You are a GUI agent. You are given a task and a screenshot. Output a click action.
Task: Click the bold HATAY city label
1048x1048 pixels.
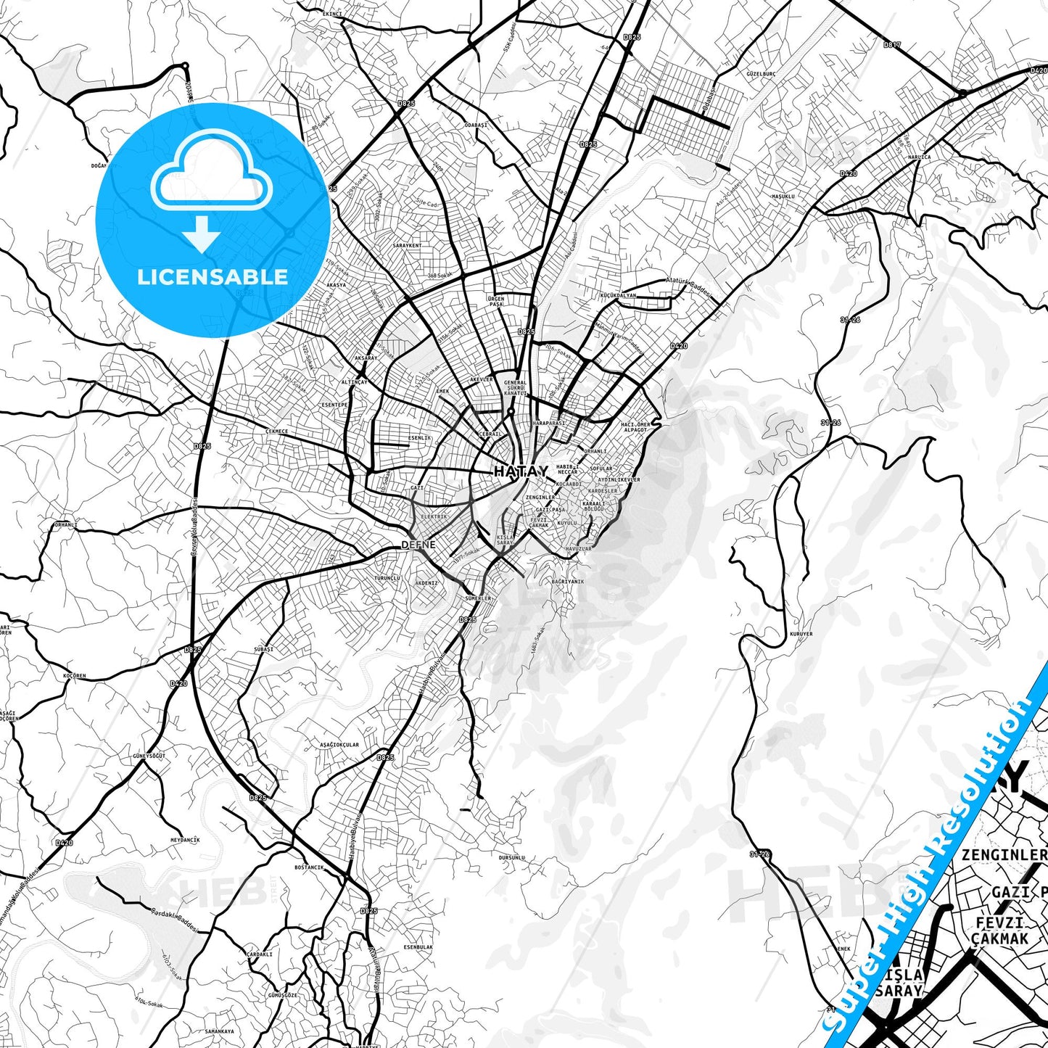coord(521,471)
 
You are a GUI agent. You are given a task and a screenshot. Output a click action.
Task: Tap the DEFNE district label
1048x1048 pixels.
coord(418,544)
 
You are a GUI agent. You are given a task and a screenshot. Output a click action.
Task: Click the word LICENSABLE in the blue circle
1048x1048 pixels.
coord(213,276)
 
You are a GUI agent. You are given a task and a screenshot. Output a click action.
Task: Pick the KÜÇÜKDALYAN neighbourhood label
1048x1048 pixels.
coord(617,295)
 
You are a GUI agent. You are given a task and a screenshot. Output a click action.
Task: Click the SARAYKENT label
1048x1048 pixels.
coord(407,245)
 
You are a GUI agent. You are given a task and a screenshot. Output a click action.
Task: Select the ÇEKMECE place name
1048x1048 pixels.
coord(276,431)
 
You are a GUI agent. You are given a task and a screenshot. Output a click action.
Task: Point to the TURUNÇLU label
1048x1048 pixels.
coord(387,578)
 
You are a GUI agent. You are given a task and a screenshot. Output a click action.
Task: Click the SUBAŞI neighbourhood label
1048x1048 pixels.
coord(263,649)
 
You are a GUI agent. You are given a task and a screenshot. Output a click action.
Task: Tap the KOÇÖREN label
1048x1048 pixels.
coord(75,676)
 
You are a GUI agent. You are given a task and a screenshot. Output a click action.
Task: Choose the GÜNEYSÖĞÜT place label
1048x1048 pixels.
coord(149,756)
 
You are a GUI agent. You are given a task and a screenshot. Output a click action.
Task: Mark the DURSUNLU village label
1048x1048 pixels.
coord(511,857)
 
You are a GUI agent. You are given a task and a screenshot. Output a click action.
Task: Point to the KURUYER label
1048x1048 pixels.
coord(801,634)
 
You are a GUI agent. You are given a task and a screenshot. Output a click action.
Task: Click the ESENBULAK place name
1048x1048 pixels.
coord(418,947)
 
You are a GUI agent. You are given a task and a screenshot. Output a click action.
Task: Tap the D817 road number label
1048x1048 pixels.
coord(892,45)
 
